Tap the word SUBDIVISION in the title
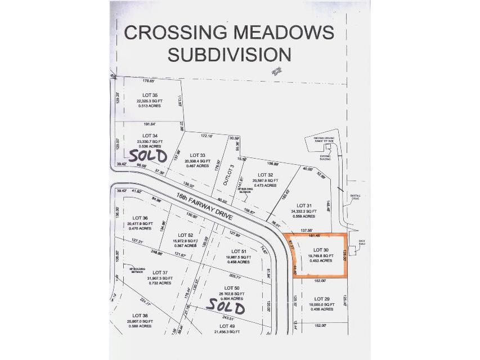tap(230, 55)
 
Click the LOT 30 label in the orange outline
tap(320, 249)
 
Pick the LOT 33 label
tap(199, 155)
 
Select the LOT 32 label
tap(265, 175)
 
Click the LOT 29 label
tap(321, 299)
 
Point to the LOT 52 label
tap(186, 235)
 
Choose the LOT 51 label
tap(240, 251)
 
